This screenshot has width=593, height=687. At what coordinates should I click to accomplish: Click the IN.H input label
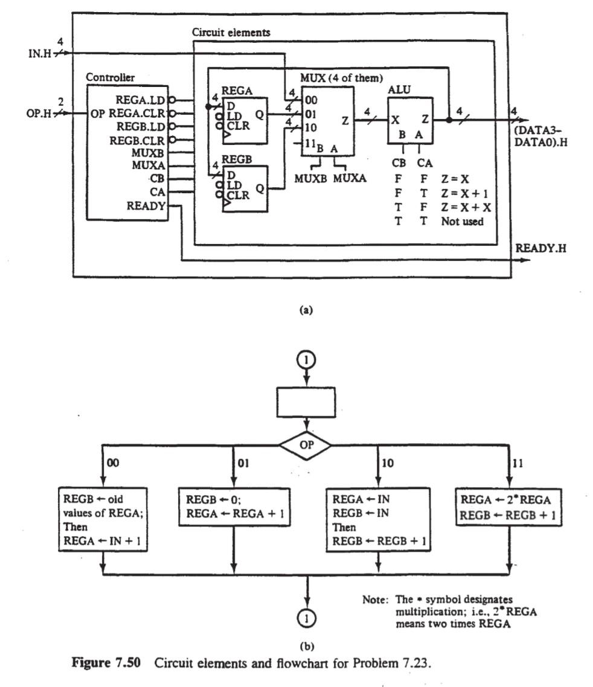point(40,53)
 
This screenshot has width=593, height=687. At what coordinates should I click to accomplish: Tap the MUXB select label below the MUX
point(312,178)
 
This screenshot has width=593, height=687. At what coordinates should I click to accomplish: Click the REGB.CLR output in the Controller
point(138,139)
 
